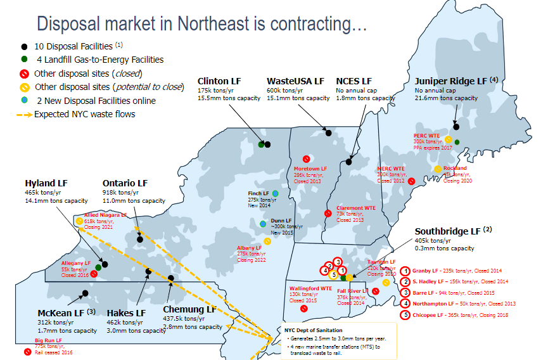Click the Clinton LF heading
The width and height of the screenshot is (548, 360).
219,82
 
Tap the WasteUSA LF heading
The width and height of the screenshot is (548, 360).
295,82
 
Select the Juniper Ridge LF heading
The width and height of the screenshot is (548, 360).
450,82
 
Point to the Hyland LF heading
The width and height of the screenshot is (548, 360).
46,183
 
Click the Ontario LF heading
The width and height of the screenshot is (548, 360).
125,183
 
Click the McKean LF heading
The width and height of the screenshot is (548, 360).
61,313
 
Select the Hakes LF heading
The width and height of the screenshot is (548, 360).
126,313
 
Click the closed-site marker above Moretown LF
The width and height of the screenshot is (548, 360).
305,159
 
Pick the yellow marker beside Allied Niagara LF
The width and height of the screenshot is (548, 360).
79,221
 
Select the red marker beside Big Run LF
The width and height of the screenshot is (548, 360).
27,352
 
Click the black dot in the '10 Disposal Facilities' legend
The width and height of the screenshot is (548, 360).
24,47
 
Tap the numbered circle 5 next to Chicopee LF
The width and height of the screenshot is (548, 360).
405,315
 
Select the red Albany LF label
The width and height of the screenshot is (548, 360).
249,248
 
